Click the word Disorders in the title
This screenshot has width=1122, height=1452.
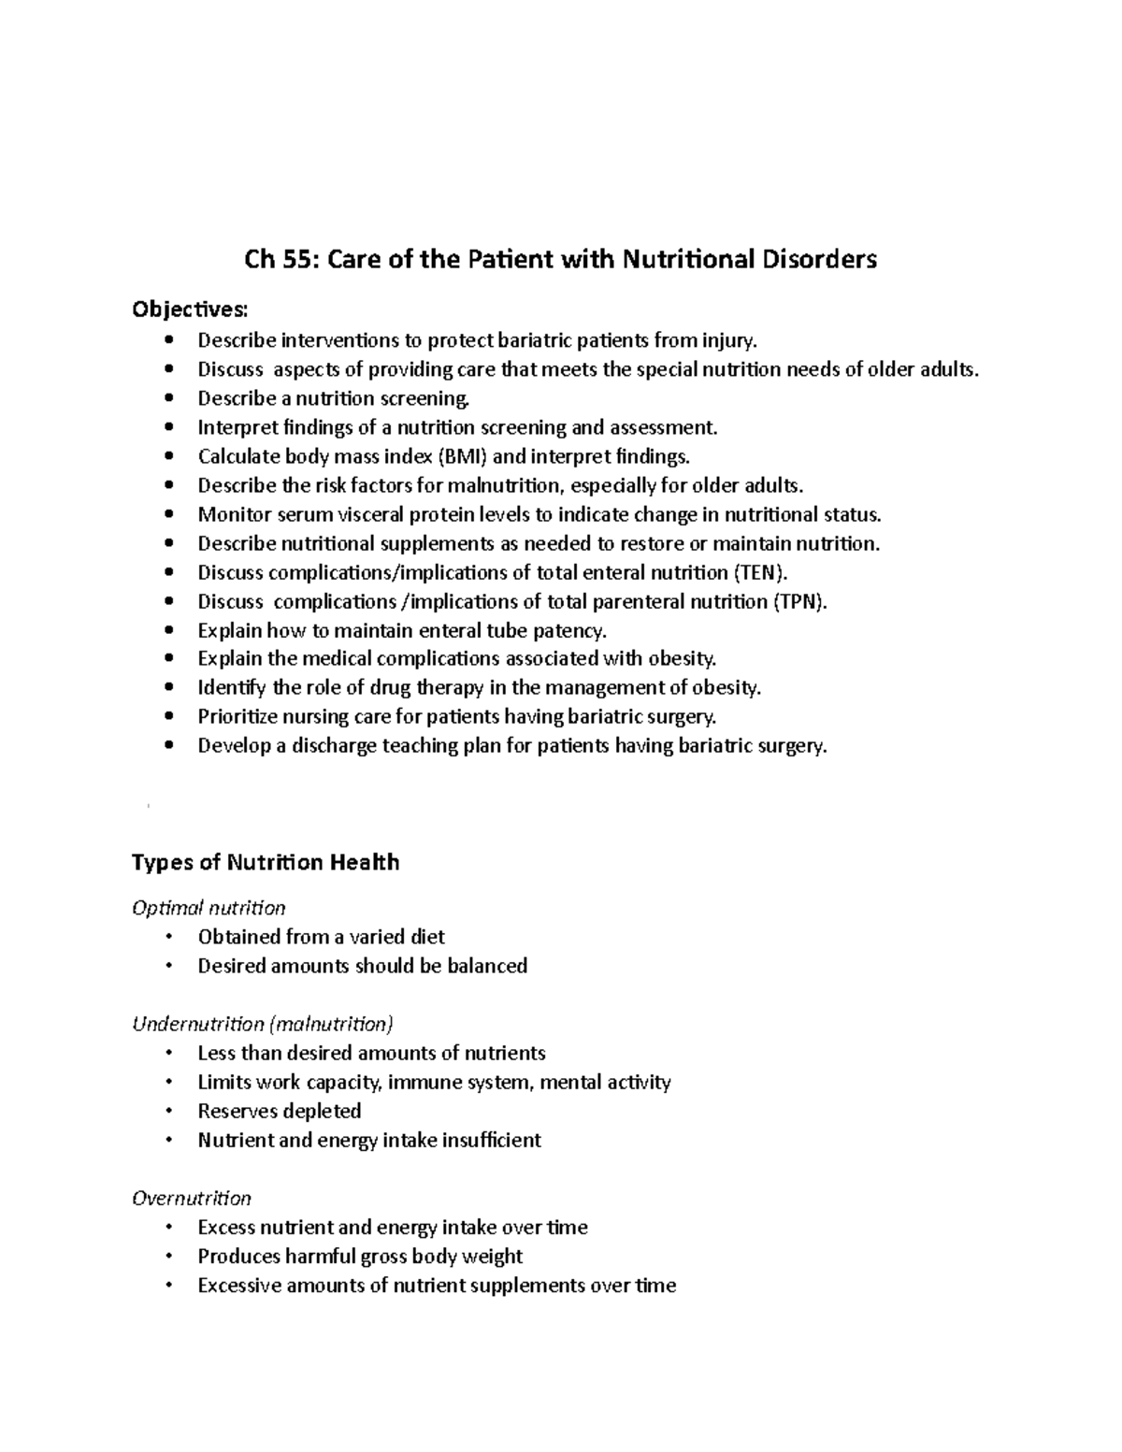[x=818, y=259]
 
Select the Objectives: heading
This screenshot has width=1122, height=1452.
[x=191, y=309]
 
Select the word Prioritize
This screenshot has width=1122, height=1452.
[x=239, y=717]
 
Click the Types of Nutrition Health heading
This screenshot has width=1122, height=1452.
[x=266, y=862]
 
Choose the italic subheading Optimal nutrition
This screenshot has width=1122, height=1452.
[x=209, y=908]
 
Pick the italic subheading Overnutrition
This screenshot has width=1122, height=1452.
[x=192, y=1198]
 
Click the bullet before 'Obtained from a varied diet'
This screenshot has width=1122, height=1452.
[x=168, y=937]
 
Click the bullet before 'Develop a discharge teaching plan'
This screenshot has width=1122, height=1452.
[x=168, y=746]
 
